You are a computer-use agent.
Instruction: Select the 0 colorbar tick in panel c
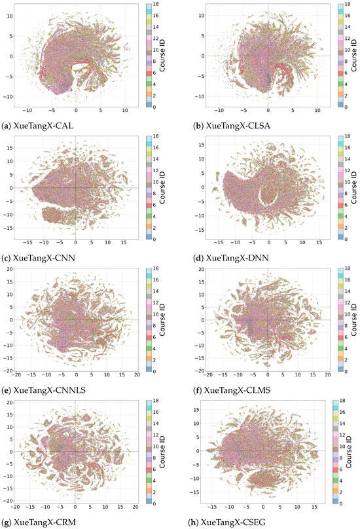click(x=160, y=240)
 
